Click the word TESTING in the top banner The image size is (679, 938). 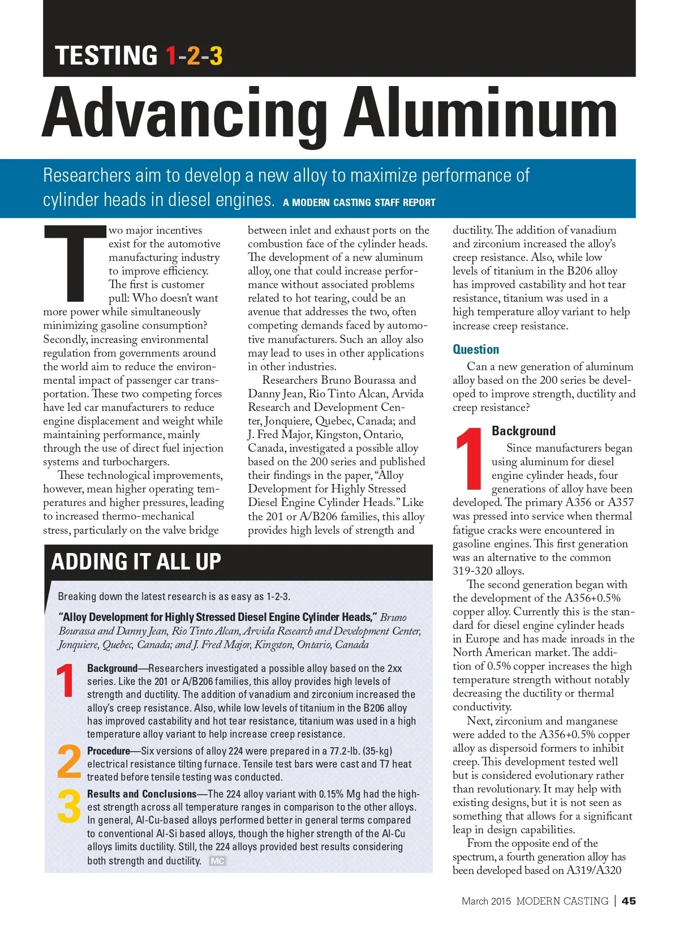(106, 56)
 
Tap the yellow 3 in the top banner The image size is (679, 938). (216, 56)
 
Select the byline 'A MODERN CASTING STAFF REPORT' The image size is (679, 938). (359, 203)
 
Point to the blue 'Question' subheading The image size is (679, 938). (475, 349)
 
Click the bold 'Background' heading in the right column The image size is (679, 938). (523, 431)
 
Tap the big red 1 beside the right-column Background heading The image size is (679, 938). (469, 459)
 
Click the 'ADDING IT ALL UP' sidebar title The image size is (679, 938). (136, 562)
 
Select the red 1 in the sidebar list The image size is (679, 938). (66, 680)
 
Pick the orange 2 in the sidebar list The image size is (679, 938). (69, 761)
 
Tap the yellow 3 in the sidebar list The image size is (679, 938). (69, 806)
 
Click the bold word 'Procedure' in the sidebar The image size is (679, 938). (109, 751)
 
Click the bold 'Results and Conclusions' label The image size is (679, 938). (141, 794)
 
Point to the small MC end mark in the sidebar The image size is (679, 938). (217, 861)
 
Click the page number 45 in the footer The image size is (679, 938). (628, 901)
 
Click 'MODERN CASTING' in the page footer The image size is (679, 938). (562, 901)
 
